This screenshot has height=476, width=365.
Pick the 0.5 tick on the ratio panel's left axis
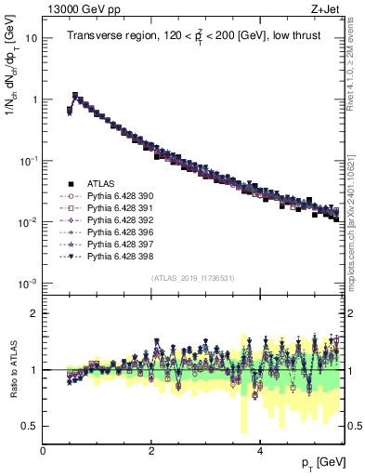(x=30, y=426)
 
